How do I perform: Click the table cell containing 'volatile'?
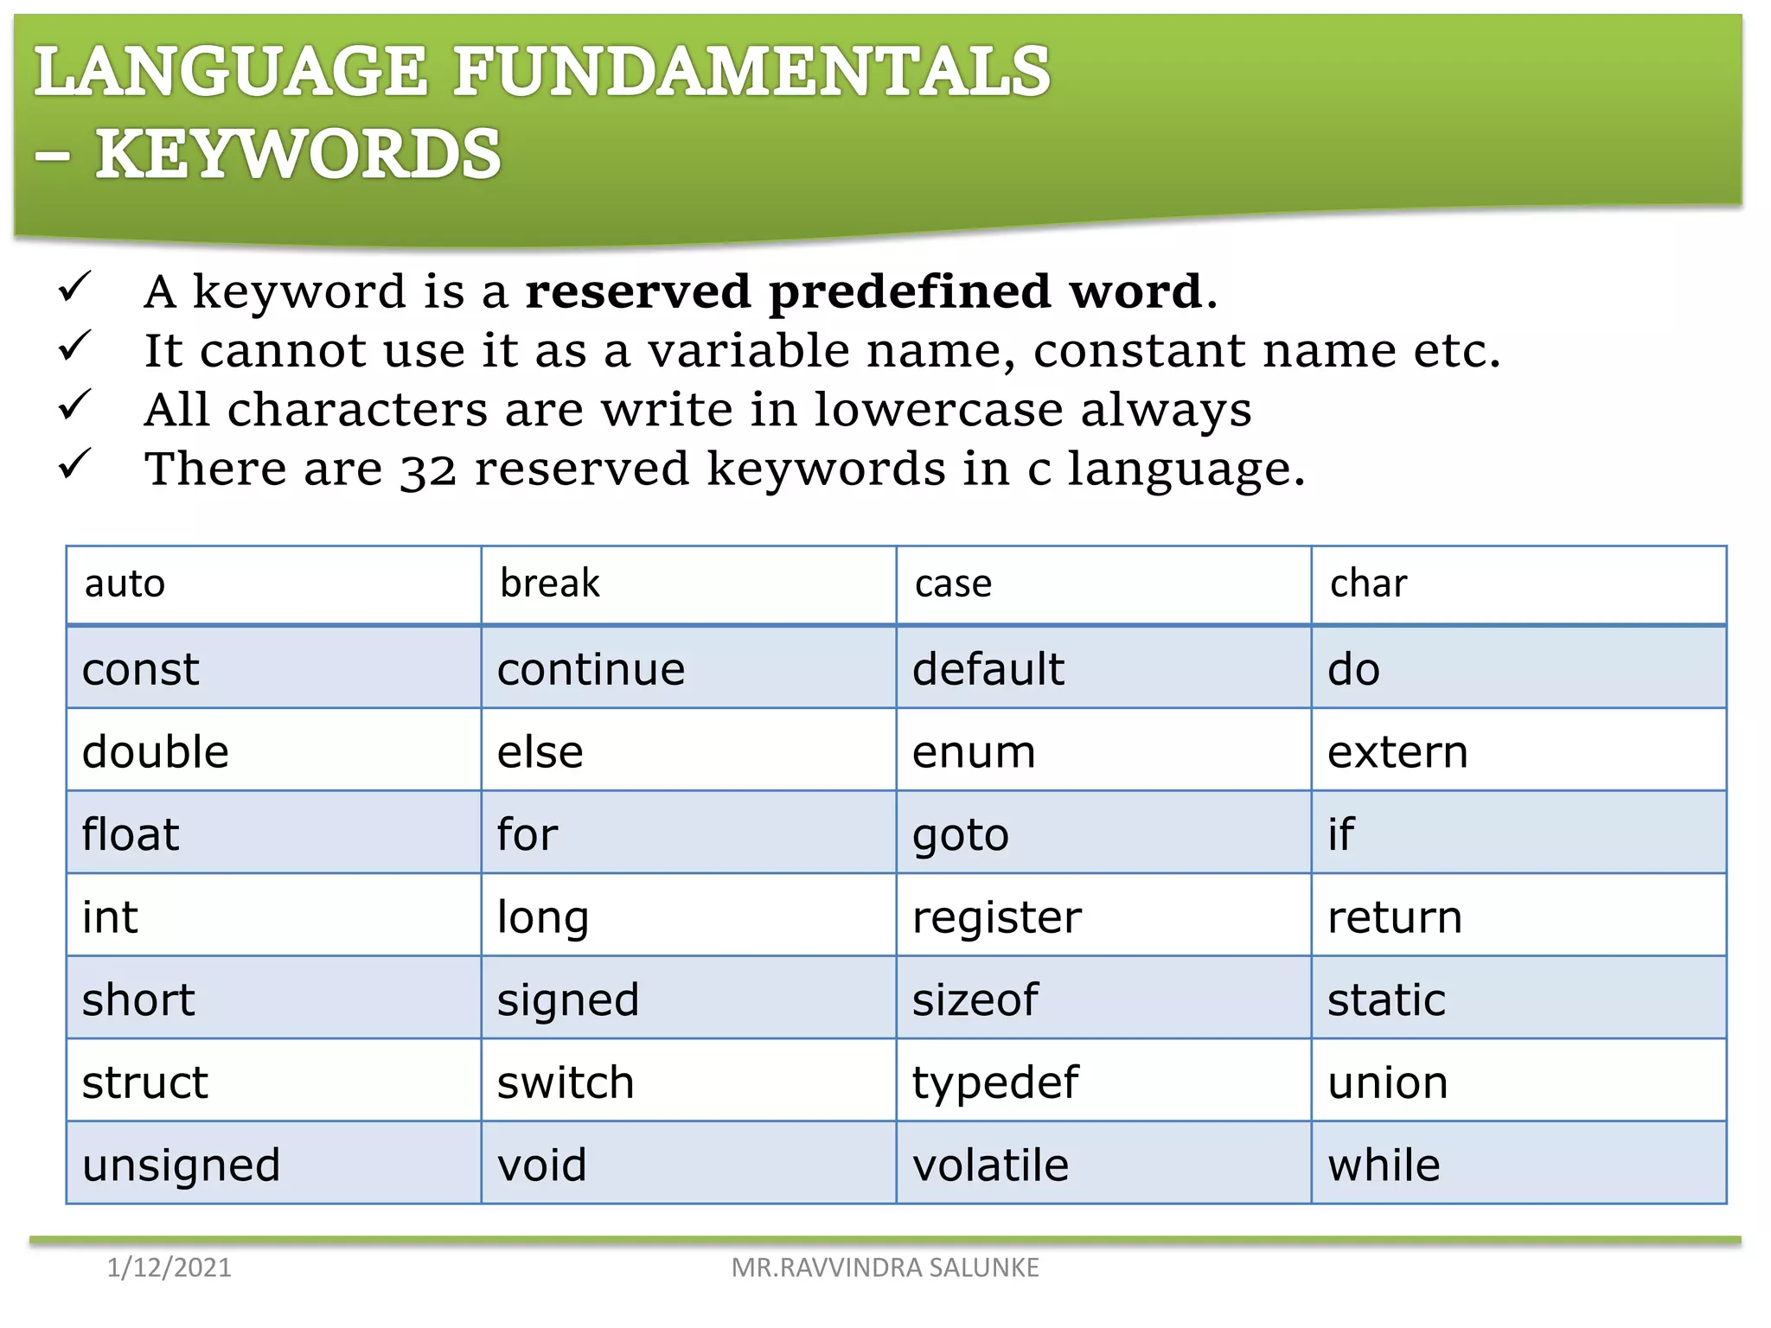[990, 1165]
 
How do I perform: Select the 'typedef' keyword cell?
[995, 1082]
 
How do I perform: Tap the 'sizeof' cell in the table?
[975, 1000]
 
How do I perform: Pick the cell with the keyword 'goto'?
[961, 835]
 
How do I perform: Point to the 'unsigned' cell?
[181, 1165]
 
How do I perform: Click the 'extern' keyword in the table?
[1397, 752]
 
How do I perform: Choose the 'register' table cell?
[996, 917]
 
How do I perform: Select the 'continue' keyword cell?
[591, 669]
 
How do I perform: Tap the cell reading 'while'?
[1384, 1165]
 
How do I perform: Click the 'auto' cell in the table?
[125, 584]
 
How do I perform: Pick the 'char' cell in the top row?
[1368, 584]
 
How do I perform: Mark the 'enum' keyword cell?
[974, 752]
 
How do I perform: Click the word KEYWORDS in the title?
[298, 154]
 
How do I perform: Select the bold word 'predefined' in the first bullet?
[910, 291]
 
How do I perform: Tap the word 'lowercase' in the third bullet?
[937, 409]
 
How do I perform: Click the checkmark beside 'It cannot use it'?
[74, 347]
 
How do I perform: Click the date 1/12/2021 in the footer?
[169, 1267]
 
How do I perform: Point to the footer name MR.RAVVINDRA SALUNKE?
[885, 1267]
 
